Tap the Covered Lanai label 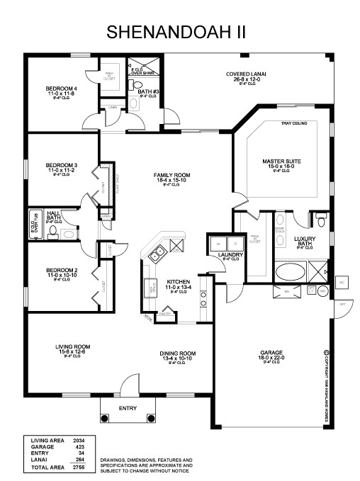245,74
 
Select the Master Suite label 281,162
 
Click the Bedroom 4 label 61,89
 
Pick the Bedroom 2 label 61,269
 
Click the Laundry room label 232,254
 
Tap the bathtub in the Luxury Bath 290,271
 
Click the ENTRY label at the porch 128,408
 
